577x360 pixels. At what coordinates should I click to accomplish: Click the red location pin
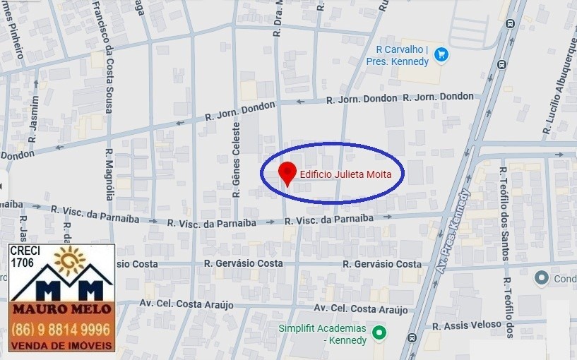coord(287,172)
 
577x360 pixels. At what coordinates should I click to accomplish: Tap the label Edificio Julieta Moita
coord(341,174)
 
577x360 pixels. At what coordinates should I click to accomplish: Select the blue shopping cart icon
coord(441,54)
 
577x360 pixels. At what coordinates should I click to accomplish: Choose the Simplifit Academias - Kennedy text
coord(322,335)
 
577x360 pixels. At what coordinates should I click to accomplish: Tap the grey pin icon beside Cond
coord(542,278)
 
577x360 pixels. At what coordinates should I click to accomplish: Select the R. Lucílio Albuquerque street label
coord(560,85)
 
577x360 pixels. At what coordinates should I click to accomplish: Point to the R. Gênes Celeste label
coord(237,160)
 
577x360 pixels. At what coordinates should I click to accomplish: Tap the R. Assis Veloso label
coord(471,326)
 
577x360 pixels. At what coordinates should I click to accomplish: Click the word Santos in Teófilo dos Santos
coord(504,244)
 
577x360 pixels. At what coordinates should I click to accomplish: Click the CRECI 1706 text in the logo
coord(25,256)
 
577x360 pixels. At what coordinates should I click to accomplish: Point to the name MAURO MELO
coord(62,310)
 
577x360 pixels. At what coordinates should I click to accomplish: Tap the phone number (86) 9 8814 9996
coord(62,330)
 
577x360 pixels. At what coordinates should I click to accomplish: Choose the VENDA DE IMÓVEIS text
coord(62,345)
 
